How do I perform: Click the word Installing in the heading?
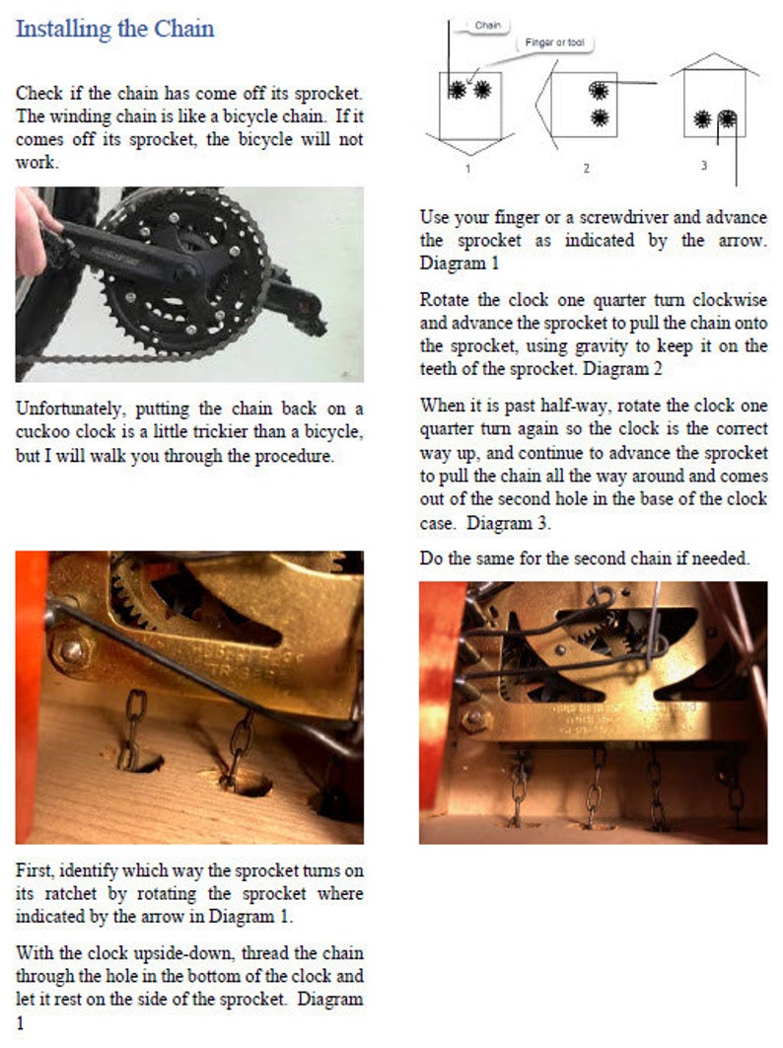point(62,29)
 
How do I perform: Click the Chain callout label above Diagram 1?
point(487,25)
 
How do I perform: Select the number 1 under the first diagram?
point(467,168)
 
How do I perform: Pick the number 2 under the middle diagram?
point(585,169)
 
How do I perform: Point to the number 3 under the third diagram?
point(703,165)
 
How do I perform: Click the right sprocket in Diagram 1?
point(482,90)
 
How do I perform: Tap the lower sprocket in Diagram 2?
point(598,118)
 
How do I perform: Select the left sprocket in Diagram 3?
point(702,119)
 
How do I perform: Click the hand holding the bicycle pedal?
point(33,232)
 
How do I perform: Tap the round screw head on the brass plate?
point(71,649)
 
